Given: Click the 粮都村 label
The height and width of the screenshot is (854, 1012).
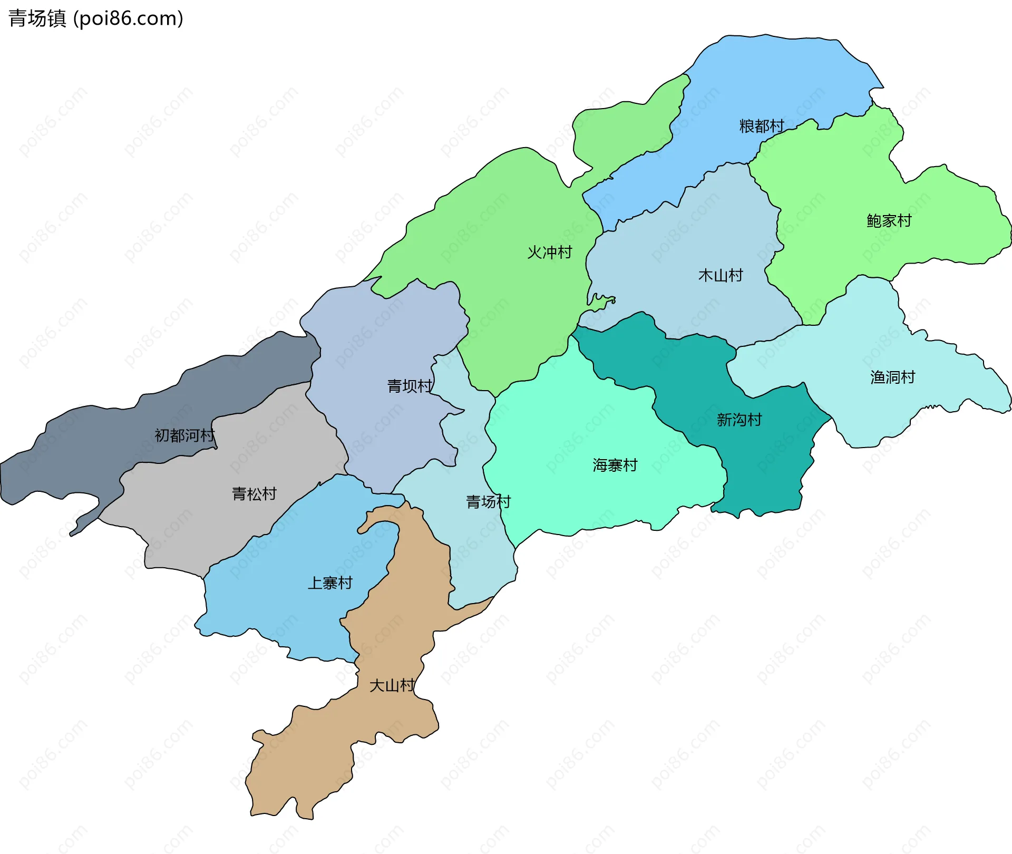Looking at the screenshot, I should (762, 127).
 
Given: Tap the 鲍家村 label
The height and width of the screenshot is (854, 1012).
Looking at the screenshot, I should (889, 221).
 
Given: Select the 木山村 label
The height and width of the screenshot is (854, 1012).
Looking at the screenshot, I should (720, 276).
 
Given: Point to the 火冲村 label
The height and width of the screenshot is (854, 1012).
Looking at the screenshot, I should (549, 253).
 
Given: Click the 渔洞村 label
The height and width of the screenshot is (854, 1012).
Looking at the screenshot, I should (892, 377).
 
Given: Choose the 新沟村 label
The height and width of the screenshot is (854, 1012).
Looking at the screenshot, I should (739, 420).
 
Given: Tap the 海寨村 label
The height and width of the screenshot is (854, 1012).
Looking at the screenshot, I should (615, 465).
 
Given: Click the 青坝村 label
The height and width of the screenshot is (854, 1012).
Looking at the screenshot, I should (410, 386).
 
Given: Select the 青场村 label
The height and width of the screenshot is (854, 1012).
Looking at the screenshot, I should (488, 502).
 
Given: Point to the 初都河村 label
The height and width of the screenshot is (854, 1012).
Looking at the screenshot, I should (184, 435).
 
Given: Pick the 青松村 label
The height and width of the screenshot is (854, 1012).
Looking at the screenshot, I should (254, 494).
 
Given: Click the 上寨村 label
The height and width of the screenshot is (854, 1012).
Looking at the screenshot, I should (329, 583).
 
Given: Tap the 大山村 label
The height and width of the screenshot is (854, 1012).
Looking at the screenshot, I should (392, 686).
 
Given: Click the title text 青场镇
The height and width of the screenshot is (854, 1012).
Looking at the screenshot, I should (37, 18).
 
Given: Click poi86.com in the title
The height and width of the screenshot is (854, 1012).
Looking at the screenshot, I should (128, 18).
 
